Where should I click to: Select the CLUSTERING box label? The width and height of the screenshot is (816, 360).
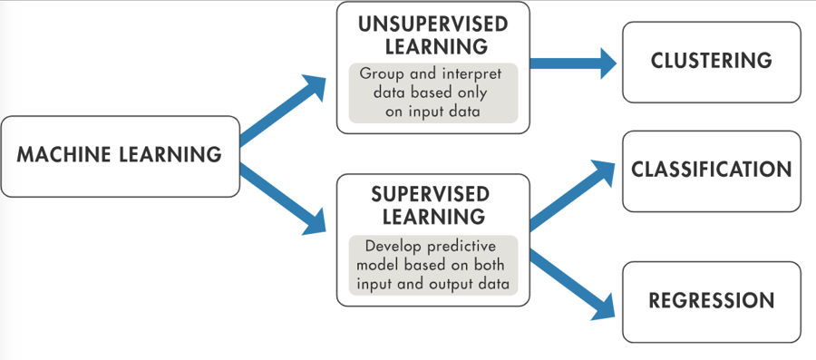711,62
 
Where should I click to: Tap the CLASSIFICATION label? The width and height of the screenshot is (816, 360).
712,170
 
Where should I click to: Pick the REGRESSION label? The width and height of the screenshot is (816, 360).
711,301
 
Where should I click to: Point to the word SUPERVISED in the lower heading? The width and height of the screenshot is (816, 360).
431,195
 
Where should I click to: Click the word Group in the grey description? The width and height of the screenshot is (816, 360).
382,73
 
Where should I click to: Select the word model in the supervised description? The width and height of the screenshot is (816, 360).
378,265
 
